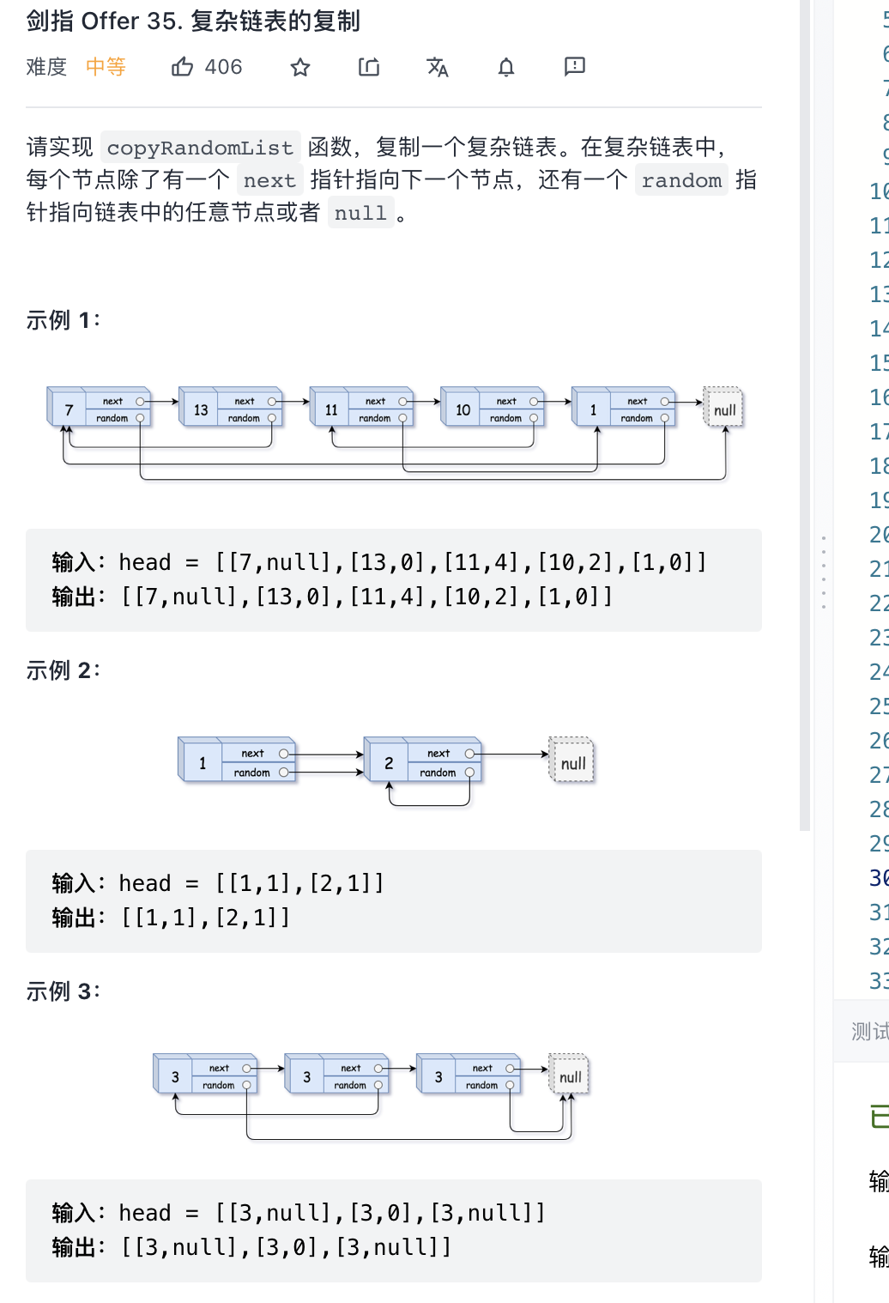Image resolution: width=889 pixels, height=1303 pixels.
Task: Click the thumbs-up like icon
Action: click(182, 67)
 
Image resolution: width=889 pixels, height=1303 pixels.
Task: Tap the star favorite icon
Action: click(299, 67)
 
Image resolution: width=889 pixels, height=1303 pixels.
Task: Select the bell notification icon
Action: click(506, 67)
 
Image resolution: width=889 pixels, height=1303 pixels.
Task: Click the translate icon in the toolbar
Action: click(438, 67)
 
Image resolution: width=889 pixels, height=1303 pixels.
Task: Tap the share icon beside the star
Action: click(369, 67)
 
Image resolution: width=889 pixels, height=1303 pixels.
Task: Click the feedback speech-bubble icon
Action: click(574, 66)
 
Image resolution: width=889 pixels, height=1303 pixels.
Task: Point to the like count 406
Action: click(223, 67)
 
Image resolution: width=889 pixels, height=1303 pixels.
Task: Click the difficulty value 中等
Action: click(106, 67)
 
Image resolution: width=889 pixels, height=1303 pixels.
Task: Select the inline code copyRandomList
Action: click(200, 148)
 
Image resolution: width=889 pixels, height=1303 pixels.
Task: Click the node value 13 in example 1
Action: click(201, 410)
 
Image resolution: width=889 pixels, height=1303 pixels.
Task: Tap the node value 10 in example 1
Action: click(463, 410)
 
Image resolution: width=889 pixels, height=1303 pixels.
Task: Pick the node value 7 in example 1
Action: click(70, 410)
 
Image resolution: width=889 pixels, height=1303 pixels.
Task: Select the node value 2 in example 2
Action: click(389, 763)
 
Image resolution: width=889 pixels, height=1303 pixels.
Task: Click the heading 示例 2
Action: click(63, 670)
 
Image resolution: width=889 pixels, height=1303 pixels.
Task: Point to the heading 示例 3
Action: click(63, 991)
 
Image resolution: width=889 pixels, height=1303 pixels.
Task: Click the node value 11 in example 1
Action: click(331, 410)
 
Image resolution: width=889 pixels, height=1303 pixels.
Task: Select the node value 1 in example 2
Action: click(203, 763)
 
